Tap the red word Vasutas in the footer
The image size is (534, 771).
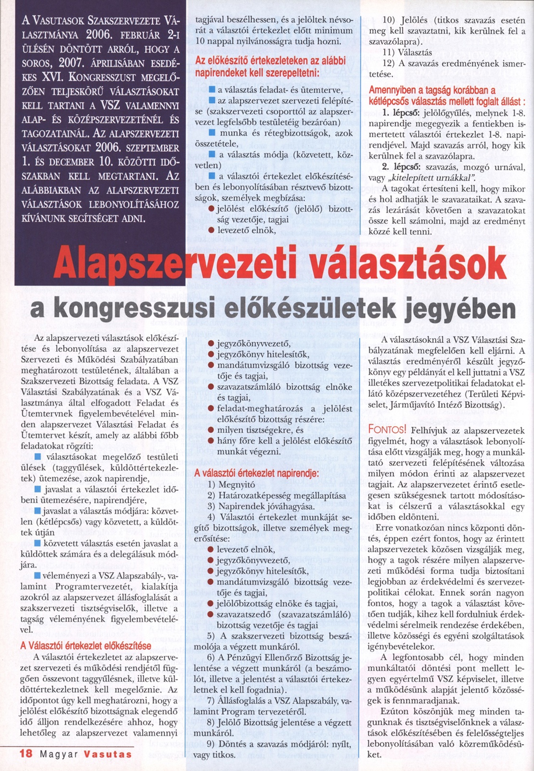[x=108, y=754]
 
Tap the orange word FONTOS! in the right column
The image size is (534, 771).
[x=387, y=430]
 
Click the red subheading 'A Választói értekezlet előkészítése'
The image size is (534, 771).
[x=86, y=646]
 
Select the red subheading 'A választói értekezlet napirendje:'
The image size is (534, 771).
[x=256, y=474]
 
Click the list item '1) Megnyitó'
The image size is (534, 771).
[x=231, y=485]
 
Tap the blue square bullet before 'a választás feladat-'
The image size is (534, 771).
[x=213, y=90]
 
